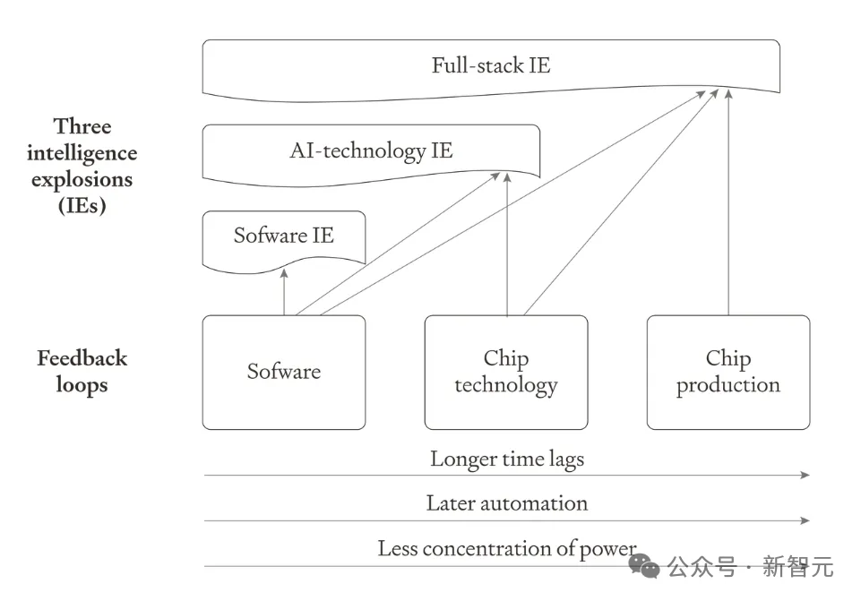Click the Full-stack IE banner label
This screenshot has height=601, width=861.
click(490, 65)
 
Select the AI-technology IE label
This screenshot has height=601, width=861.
click(371, 150)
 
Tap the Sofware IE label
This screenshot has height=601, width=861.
click(283, 236)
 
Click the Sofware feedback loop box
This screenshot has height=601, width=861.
click(284, 372)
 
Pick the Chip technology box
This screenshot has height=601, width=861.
click(506, 372)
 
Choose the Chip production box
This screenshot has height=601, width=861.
click(728, 372)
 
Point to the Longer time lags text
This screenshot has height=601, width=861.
click(506, 459)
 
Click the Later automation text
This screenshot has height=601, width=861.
click(506, 503)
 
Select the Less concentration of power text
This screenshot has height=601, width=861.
click(506, 548)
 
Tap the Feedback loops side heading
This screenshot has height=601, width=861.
click(82, 372)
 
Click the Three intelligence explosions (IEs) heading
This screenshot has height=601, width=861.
click(82, 166)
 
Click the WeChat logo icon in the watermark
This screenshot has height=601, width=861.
click(643, 565)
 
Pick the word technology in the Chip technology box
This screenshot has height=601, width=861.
click(506, 385)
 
